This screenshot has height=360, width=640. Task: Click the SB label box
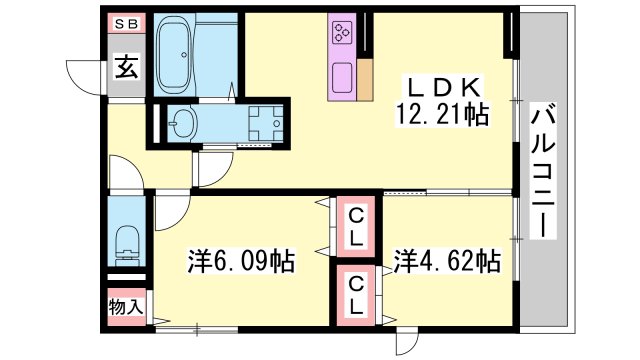point(127,23)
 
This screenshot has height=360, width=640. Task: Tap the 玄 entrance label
point(126,67)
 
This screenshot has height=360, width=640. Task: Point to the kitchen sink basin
point(342,78)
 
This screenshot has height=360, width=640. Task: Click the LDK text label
point(441,87)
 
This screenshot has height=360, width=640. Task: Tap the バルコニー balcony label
point(543,171)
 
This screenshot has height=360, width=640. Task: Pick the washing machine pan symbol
point(266,123)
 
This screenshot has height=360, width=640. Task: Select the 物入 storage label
point(126,307)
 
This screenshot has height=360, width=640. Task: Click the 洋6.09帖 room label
point(241,261)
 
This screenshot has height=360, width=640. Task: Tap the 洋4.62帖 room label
point(447,261)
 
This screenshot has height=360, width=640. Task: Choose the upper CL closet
point(356,227)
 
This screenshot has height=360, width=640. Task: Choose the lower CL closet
point(356,295)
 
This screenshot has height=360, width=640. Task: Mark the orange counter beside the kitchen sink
point(365,80)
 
